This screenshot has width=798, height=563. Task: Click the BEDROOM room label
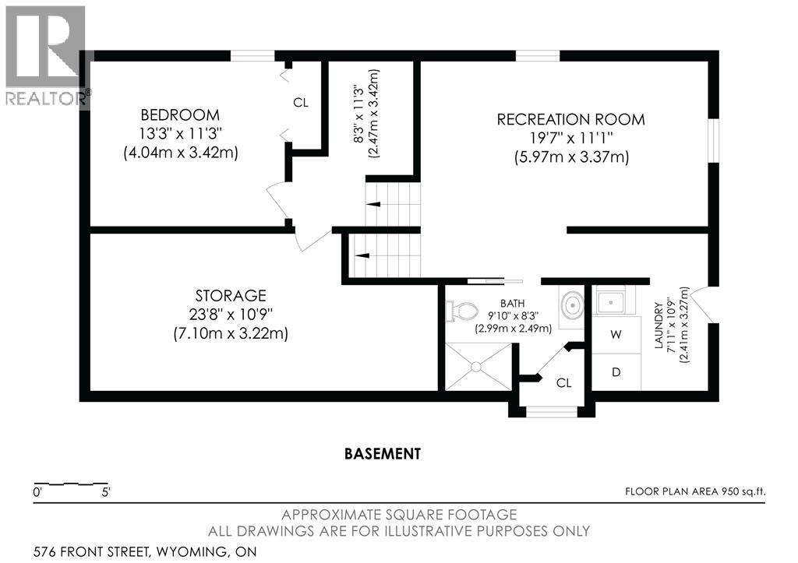(x=180, y=114)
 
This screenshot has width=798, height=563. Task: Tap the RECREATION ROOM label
(x=571, y=119)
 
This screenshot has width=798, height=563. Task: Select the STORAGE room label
(x=231, y=295)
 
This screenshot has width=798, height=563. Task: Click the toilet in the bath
(x=462, y=310)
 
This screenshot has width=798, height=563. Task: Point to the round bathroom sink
(x=573, y=306)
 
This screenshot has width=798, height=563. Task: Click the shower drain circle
(x=476, y=366)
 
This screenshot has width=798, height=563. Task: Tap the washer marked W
(x=616, y=335)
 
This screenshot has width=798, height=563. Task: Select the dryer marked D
(x=616, y=372)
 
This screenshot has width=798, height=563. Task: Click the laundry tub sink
(x=611, y=303)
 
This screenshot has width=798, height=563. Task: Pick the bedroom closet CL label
(x=301, y=103)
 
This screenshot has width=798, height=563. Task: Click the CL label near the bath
(x=564, y=383)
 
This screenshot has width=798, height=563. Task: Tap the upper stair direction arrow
(x=373, y=204)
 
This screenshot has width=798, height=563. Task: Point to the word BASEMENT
(x=383, y=453)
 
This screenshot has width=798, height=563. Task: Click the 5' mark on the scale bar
(x=106, y=492)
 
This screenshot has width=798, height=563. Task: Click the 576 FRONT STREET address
(x=92, y=551)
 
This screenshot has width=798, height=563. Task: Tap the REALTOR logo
(x=46, y=56)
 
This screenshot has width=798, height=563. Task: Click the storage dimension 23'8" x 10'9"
(x=231, y=315)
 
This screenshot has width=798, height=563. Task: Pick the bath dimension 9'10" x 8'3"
(x=513, y=316)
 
